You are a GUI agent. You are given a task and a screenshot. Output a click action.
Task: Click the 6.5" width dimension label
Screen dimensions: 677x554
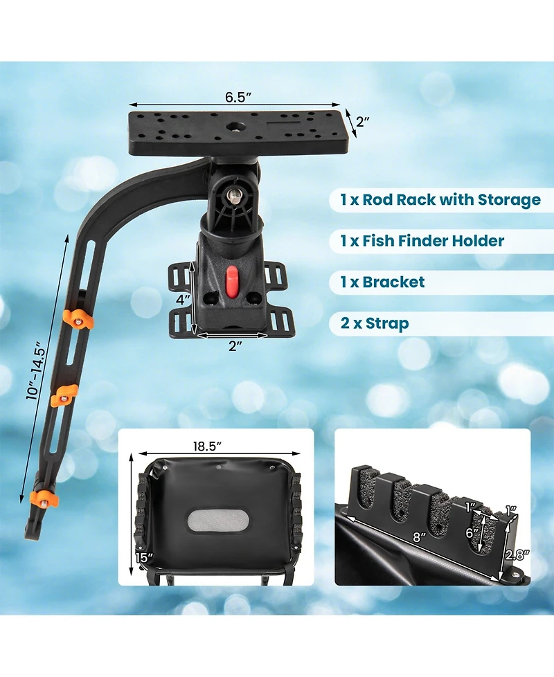point(235,97)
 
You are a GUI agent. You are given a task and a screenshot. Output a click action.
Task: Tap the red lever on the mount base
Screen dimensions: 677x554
point(233,282)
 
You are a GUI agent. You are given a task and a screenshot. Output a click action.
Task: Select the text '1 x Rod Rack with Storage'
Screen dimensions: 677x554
point(440,201)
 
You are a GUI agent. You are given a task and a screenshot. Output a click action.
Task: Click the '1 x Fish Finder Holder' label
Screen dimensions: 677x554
point(422,241)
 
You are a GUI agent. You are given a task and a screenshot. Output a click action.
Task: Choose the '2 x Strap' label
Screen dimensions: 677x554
point(374,323)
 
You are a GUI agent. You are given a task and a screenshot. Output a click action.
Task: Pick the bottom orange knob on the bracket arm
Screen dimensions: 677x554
point(44,498)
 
